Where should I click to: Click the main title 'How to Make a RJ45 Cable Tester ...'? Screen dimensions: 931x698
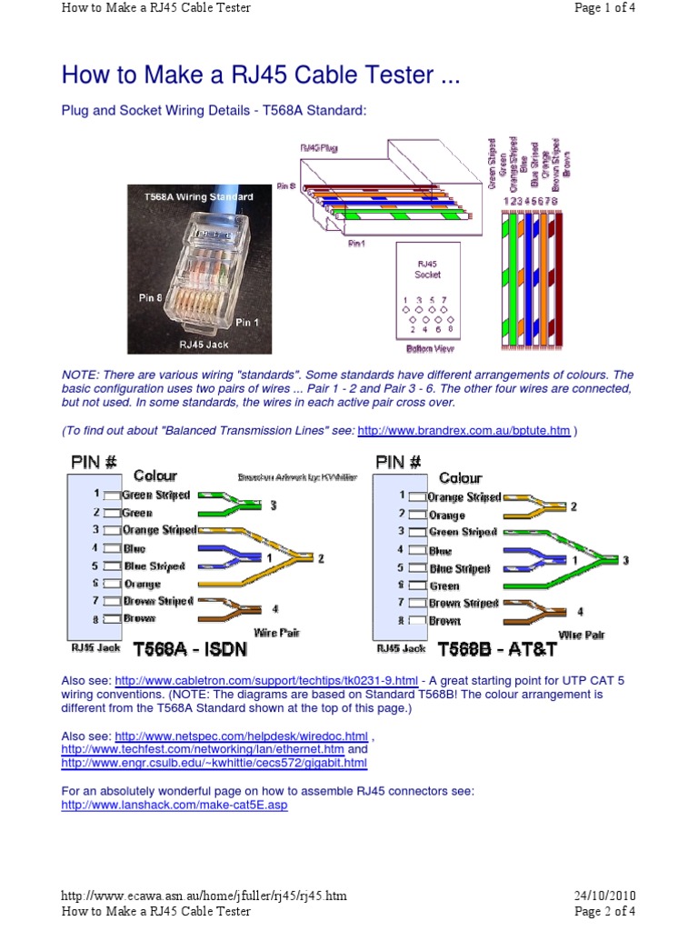260,75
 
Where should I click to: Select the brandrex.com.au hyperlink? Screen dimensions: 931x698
464,430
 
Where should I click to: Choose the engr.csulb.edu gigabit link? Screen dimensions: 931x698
214,764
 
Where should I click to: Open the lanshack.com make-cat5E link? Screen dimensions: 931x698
174,806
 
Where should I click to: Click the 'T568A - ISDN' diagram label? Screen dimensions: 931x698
189,650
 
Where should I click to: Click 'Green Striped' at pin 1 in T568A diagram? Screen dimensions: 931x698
155,496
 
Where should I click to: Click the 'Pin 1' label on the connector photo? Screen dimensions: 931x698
247,322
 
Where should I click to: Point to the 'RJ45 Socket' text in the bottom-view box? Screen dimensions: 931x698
427,268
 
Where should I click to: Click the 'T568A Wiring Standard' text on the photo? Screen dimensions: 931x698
198,196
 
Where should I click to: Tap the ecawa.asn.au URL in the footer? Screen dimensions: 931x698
204,896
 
